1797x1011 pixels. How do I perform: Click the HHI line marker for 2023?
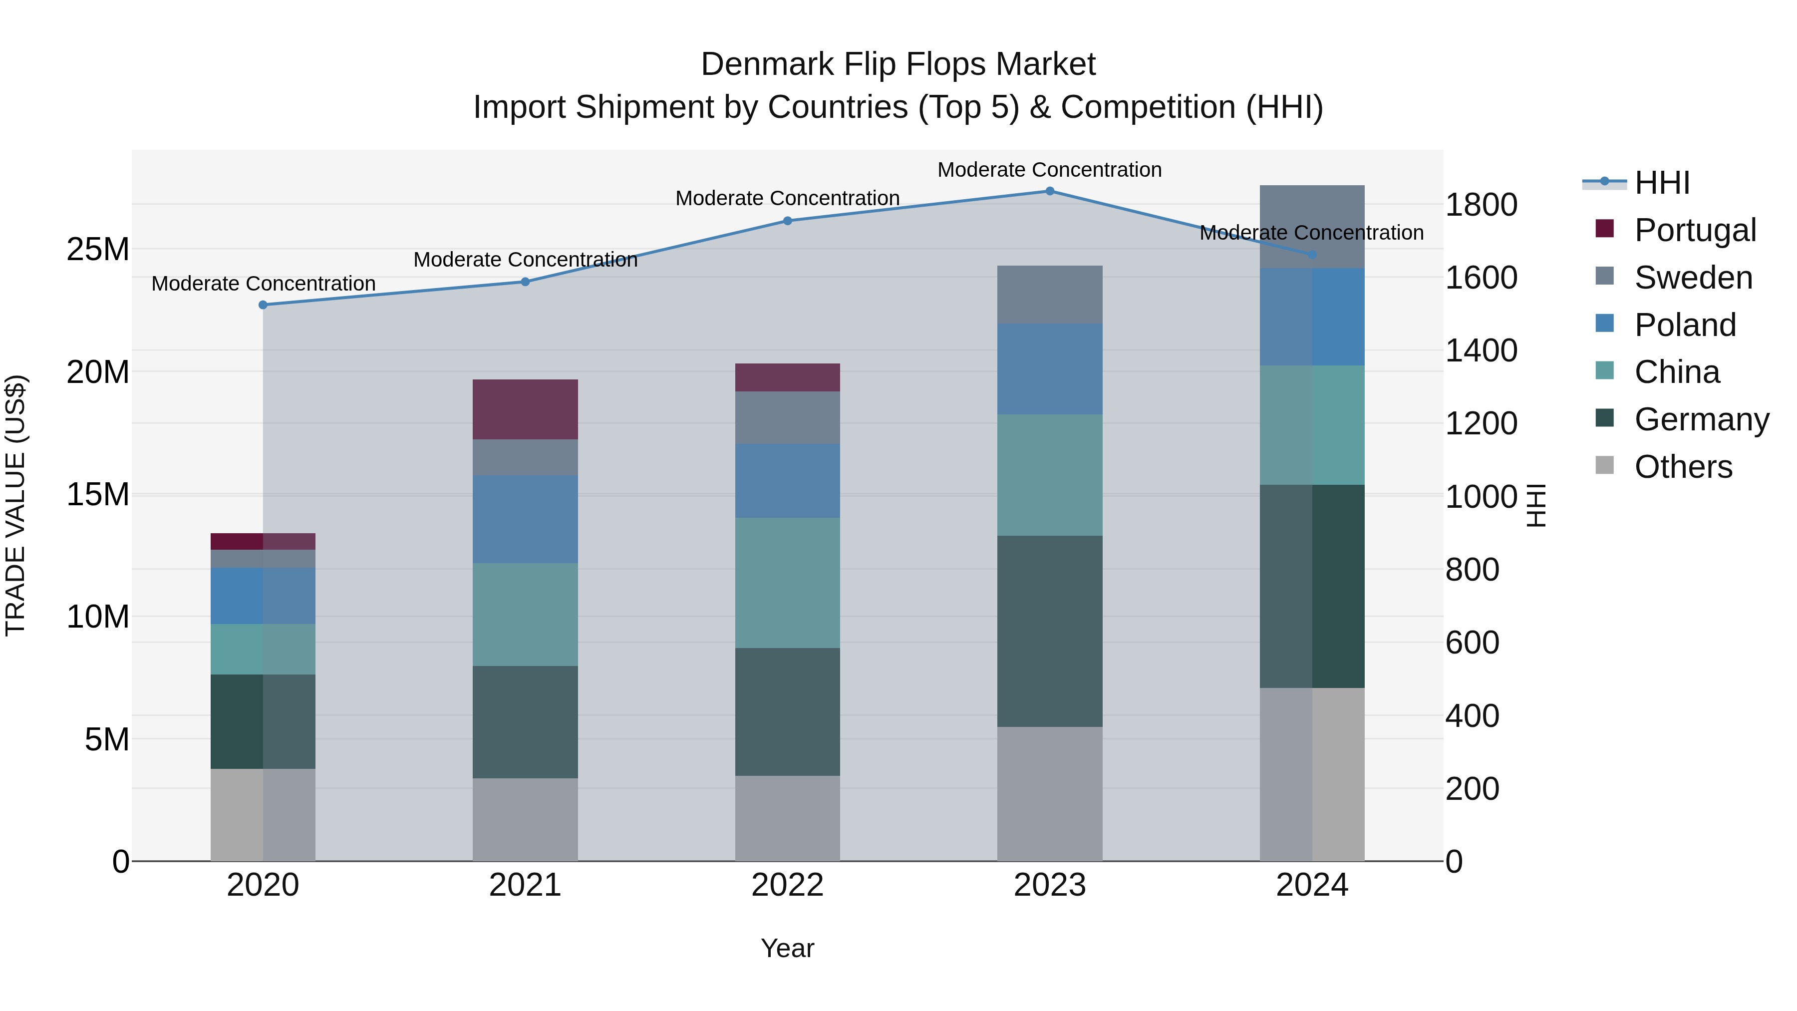(1049, 191)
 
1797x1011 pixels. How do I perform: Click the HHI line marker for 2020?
(263, 305)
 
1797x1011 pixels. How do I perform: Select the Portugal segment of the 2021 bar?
(525, 409)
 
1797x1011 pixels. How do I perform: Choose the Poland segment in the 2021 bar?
(525, 519)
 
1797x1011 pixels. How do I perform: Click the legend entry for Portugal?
(1695, 230)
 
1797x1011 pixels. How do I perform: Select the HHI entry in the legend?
(1662, 183)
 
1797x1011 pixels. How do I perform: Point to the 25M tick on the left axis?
(98, 249)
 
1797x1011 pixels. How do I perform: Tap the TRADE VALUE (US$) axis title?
(15, 505)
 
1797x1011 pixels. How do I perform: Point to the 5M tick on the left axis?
(107, 739)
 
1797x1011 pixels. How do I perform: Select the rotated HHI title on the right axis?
(1536, 505)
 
